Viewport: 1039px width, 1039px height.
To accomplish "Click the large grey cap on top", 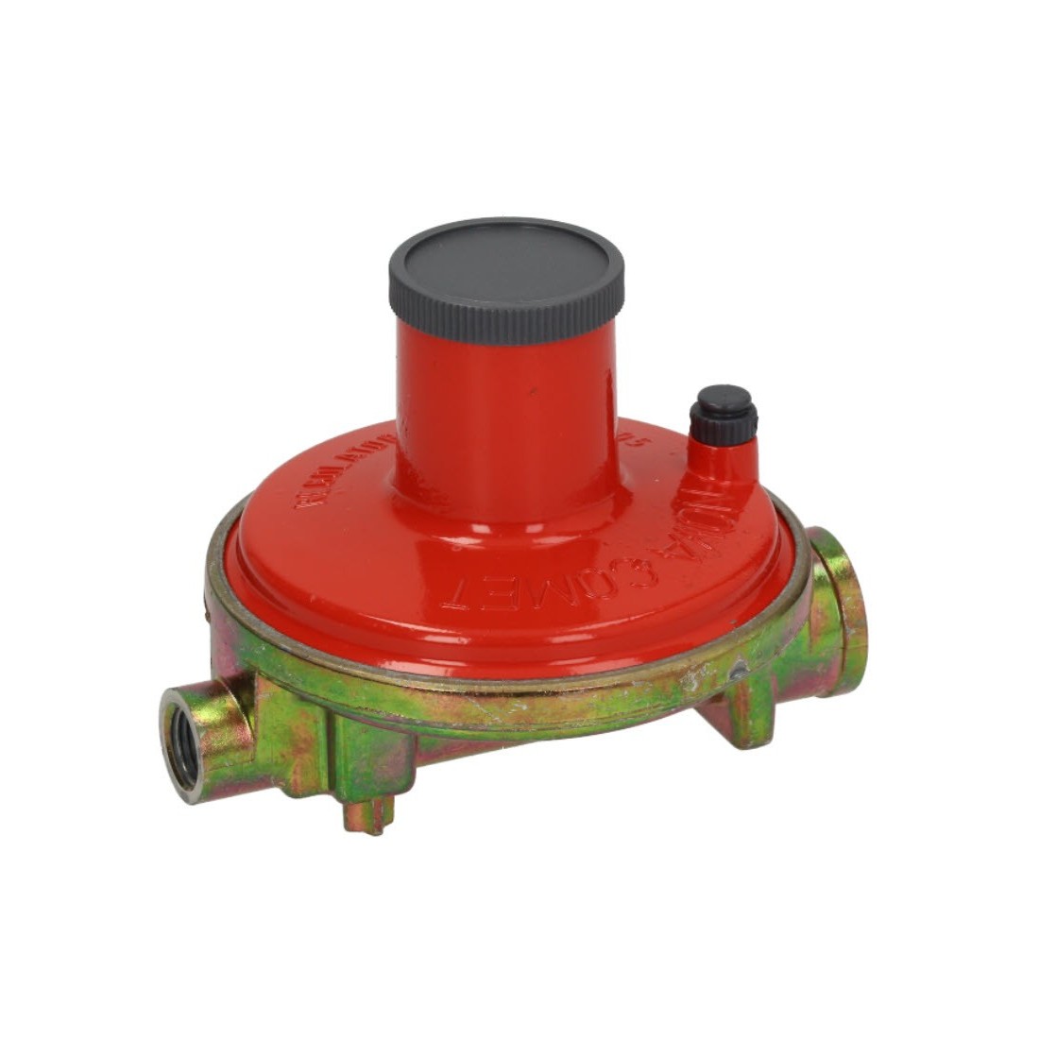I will [506, 269].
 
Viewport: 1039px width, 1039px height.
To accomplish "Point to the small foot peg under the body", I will [369, 814].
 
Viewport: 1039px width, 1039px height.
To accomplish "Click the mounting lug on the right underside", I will [745, 709].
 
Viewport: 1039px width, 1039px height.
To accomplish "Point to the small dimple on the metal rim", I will [739, 673].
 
